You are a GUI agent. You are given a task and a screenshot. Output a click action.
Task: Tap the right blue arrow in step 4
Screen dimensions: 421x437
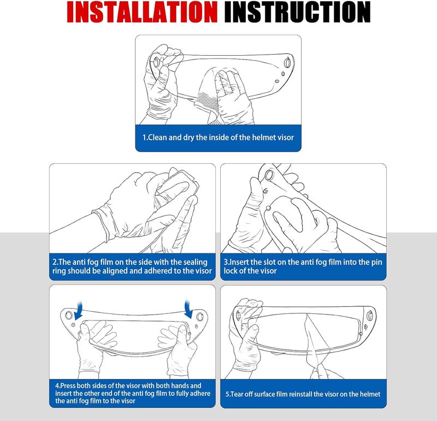tap(189, 309)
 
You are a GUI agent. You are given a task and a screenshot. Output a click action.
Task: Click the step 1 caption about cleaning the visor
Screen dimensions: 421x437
tap(218, 138)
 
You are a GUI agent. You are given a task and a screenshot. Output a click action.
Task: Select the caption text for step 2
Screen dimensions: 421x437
tap(132, 266)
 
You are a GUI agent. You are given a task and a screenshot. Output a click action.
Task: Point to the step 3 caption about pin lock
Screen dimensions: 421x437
tap(303, 266)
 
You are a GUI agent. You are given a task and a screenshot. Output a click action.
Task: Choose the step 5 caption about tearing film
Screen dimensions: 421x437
tap(303, 394)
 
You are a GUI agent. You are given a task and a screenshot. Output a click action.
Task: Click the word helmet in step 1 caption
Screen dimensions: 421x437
tap(259, 138)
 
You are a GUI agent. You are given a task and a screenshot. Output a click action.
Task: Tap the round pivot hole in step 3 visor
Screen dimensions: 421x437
tap(269, 176)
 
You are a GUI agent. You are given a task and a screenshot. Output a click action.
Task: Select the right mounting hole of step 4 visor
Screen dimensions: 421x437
tap(200, 316)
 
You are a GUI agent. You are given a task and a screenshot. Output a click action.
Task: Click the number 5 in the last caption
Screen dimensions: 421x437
tap(227, 394)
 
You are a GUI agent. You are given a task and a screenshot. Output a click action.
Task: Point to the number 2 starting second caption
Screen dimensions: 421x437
tap(55, 262)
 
